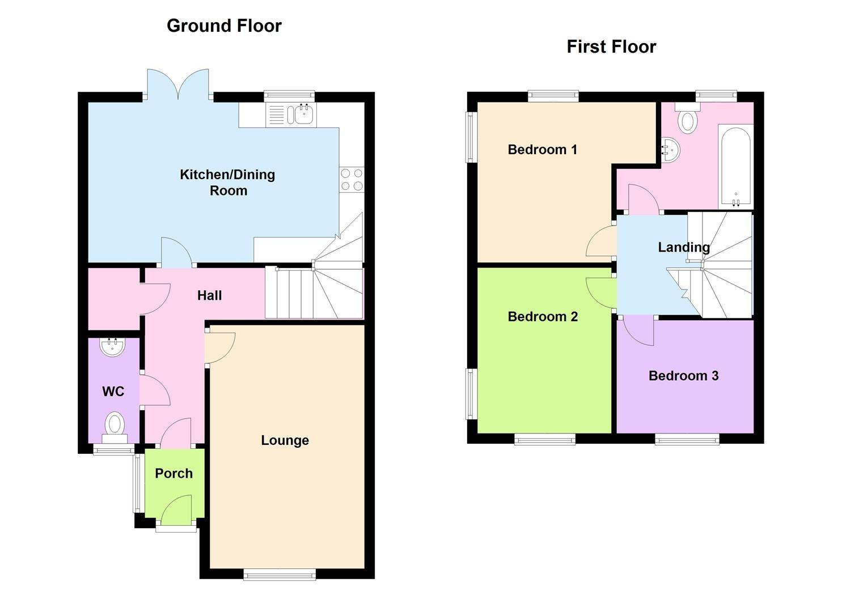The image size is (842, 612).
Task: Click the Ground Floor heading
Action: click(x=224, y=26)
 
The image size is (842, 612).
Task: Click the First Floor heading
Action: click(x=611, y=46)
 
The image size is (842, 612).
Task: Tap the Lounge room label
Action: click(x=285, y=440)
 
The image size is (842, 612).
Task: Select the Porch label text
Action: click(x=174, y=473)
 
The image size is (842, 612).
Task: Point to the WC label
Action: click(x=113, y=392)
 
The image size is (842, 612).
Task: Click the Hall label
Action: click(x=209, y=295)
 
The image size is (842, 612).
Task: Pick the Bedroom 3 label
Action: click(x=683, y=376)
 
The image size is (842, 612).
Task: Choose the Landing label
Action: click(x=683, y=247)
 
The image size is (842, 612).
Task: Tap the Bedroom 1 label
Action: click(x=542, y=150)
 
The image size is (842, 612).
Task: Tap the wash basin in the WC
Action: click(x=112, y=347)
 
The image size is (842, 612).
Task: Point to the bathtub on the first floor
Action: click(x=735, y=165)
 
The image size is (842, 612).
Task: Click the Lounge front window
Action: click(x=280, y=575)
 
